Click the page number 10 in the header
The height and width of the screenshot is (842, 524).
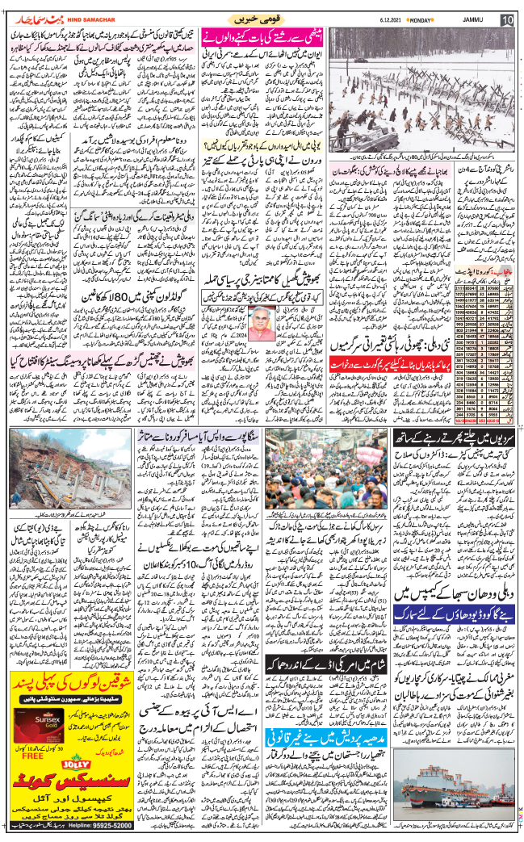tap(507, 19)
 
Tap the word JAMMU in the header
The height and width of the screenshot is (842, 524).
tap(474, 19)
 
